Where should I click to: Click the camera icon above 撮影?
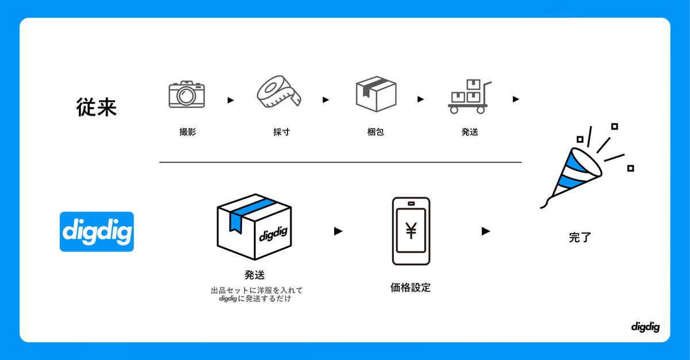click(186, 94)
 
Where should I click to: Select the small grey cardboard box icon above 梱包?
click(376, 94)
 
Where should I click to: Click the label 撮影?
click(187, 132)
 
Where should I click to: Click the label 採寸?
click(281, 132)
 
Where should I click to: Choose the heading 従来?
click(97, 107)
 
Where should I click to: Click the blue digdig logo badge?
click(97, 232)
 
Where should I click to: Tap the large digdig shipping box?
click(254, 227)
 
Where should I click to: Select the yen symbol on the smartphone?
click(411, 230)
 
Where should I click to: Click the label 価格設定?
click(411, 288)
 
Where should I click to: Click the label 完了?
click(580, 237)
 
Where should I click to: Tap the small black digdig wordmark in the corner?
click(645, 327)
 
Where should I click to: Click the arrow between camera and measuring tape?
click(231, 100)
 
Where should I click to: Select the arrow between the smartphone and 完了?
click(486, 231)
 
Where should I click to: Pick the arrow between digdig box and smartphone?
click(338, 231)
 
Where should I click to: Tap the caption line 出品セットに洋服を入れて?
click(256, 290)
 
